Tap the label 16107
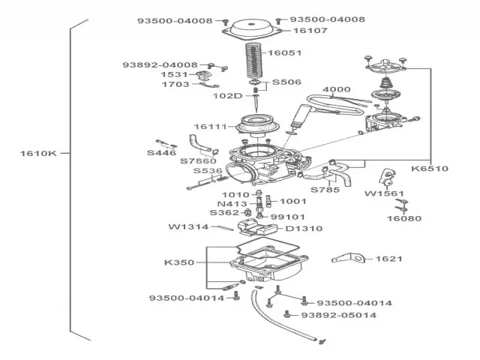[310, 31]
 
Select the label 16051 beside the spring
[284, 53]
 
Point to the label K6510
[430, 169]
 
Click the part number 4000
[337, 89]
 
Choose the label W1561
[383, 193]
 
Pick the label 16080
[404, 219]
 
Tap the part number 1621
[389, 259]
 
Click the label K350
[179, 263]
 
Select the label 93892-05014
[338, 315]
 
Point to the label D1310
[304, 228]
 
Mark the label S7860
[198, 160]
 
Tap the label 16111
[209, 127]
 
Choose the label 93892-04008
[160, 65]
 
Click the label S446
[161, 152]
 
